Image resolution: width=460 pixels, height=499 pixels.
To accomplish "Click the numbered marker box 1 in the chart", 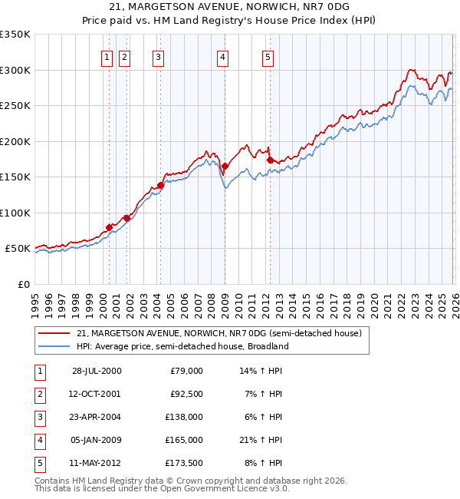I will tap(106, 55).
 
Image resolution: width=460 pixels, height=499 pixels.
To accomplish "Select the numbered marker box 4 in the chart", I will tap(222, 55).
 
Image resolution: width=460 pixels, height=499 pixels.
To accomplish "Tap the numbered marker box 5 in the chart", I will tap(268, 55).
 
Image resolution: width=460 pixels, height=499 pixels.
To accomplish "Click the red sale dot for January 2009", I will tap(225, 166).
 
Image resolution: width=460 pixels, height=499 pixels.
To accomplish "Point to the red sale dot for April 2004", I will tap(161, 185).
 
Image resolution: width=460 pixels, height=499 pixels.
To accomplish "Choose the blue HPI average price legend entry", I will tap(182, 346).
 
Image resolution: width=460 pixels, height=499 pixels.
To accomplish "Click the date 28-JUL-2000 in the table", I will tap(97, 370).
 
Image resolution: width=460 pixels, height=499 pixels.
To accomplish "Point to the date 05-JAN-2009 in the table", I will tap(97, 440).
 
